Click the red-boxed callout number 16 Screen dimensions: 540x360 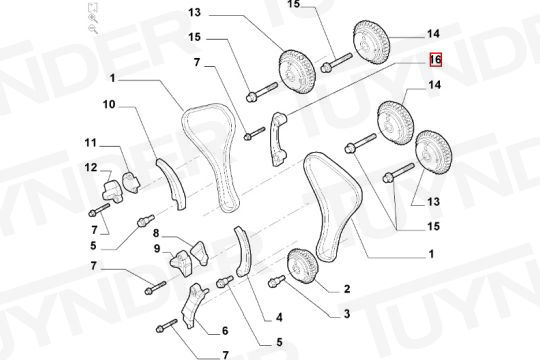(x=435, y=60)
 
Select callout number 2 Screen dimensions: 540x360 (x=347, y=289)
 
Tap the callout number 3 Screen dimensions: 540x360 (x=347, y=313)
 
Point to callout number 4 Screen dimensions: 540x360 (x=279, y=317)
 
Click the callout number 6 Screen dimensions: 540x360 (x=225, y=331)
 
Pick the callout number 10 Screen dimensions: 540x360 (x=109, y=104)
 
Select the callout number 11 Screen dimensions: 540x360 (x=91, y=142)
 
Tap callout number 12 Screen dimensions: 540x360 (x=91, y=167)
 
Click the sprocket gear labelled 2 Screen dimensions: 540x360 (x=302, y=266)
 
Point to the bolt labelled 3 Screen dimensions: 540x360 (x=276, y=281)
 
